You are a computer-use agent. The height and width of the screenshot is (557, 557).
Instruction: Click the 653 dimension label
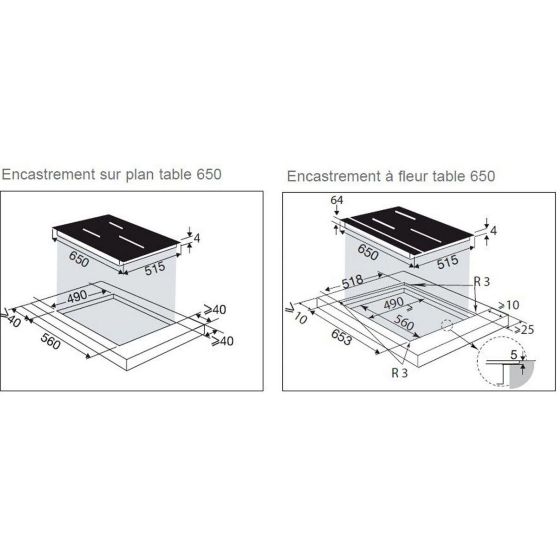[x=341, y=333]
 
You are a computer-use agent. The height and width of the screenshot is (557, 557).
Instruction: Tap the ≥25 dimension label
[x=521, y=329]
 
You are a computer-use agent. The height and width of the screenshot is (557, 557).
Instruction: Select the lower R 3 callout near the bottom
[x=399, y=373]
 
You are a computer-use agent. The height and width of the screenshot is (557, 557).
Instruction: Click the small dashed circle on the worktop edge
[x=447, y=326]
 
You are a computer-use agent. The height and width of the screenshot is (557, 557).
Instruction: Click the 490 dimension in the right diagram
[x=394, y=304]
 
